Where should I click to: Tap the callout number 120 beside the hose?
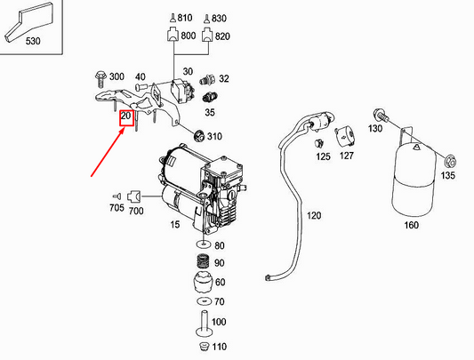(314, 215)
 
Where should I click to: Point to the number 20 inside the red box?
(125, 116)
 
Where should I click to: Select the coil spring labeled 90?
(203, 263)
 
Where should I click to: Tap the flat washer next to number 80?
(203, 244)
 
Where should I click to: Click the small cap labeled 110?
(203, 345)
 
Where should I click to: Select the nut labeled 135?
(448, 162)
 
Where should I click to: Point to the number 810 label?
(185, 18)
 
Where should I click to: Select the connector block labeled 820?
(206, 36)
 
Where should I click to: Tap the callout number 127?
(345, 156)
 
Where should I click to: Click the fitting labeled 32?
(210, 79)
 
